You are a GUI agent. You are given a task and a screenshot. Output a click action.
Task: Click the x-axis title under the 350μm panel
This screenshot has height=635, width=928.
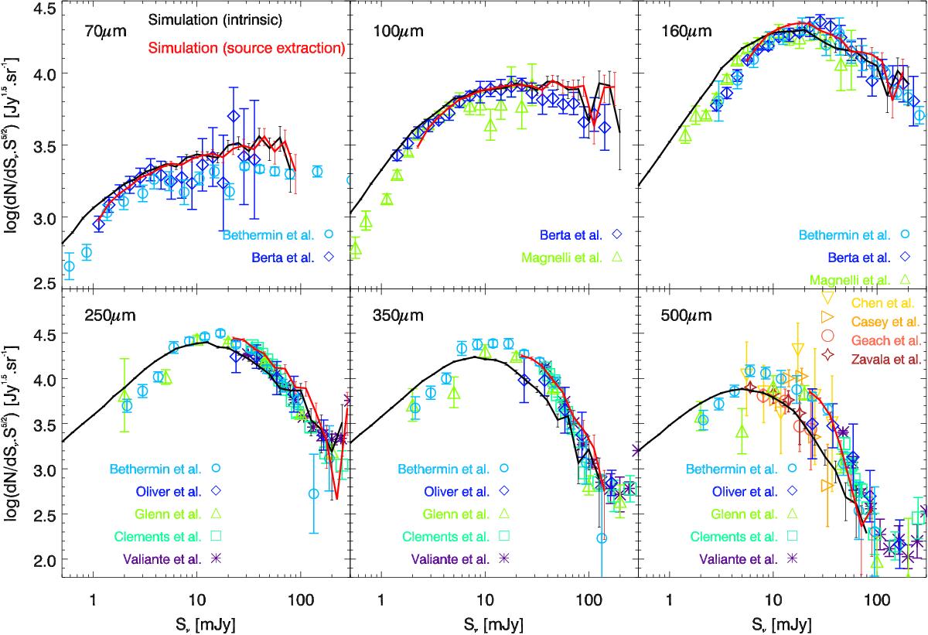pos(493,620)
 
